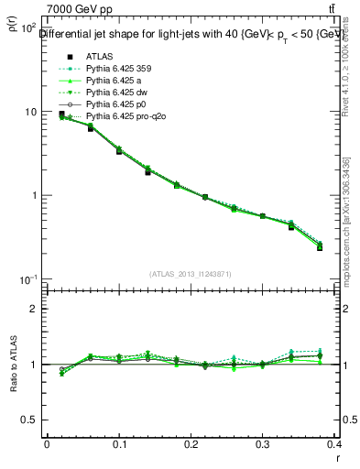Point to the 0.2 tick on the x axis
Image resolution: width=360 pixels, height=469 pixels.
(x=191, y=443)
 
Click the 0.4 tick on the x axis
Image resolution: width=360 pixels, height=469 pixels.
(x=336, y=443)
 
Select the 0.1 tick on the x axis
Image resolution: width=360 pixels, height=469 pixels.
(x=119, y=443)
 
